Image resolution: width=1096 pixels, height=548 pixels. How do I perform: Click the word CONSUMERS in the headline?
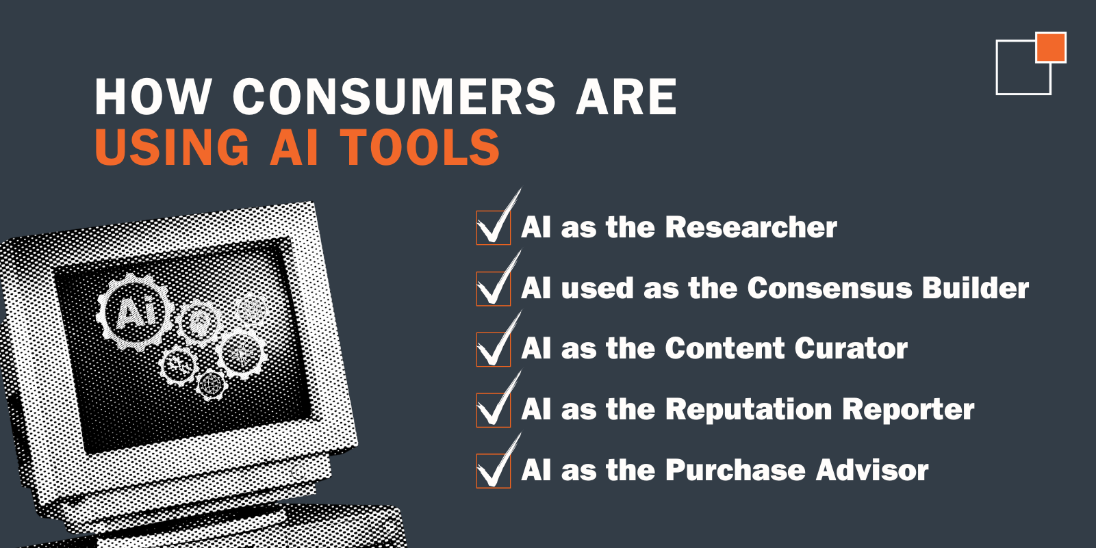[x=394, y=96]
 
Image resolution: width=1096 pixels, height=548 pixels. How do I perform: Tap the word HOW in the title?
[x=153, y=96]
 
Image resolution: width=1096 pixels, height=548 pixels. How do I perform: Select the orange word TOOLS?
[x=420, y=147]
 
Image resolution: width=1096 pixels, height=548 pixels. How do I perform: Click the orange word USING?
[x=172, y=147]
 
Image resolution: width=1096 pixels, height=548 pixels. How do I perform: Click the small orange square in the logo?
[x=1051, y=47]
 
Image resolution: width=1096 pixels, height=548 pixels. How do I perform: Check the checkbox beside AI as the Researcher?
[x=493, y=227]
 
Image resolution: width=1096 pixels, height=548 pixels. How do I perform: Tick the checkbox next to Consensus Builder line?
[x=493, y=289]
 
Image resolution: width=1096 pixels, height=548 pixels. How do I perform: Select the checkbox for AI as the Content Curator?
[x=493, y=349]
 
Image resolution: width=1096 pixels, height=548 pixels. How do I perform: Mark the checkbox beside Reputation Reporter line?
[x=493, y=410]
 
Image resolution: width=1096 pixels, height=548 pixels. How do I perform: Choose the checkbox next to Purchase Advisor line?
[x=493, y=471]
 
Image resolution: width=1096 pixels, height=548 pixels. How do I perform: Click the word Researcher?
[x=751, y=227]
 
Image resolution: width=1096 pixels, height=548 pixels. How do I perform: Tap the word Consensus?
[x=829, y=288]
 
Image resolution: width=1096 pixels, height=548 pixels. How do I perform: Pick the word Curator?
[x=851, y=348]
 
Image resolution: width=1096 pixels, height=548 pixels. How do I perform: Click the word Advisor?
[x=872, y=470]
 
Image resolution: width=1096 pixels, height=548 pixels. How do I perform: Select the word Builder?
[x=975, y=288]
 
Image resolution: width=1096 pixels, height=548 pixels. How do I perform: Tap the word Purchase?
[x=735, y=470]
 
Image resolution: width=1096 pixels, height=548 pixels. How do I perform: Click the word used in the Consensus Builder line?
[x=597, y=289]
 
